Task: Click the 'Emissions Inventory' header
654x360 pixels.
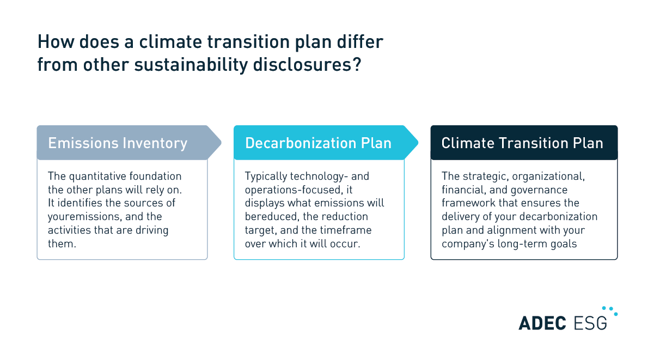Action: (118, 143)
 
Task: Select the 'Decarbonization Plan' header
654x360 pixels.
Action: (318, 143)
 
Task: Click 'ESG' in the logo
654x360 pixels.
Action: (590, 322)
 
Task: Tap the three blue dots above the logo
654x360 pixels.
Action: (612, 311)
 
